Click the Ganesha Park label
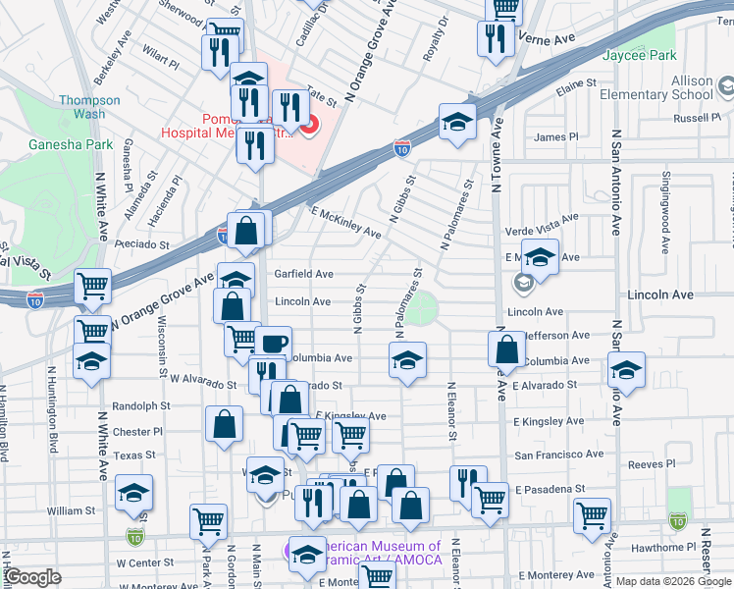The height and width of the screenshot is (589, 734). tap(85, 144)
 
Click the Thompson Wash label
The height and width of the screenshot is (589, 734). tap(89, 107)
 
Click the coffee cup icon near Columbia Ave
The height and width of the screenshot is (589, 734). tap(275, 343)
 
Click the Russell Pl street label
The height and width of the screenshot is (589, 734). tap(698, 118)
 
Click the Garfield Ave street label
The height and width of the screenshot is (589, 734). tap(303, 274)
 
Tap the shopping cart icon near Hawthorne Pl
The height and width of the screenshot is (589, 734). tap(592, 513)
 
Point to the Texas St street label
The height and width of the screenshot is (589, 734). tap(134, 455)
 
